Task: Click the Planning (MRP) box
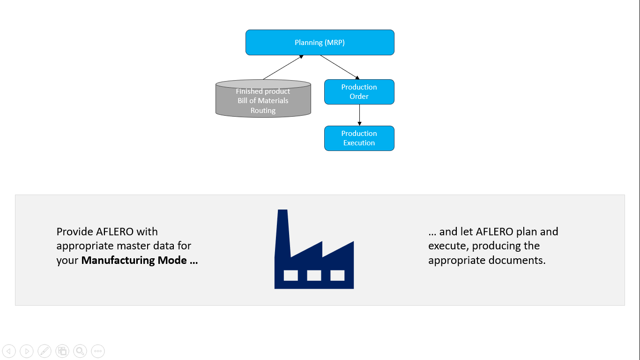[320, 43]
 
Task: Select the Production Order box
[359, 92]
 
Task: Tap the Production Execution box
[359, 138]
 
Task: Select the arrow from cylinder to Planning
[283, 67]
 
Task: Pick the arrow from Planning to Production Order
[340, 67]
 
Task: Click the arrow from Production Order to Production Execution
[359, 115]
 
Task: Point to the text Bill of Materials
[263, 101]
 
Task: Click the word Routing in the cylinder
[263, 111]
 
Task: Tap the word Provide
[74, 232]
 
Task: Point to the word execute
[448, 246]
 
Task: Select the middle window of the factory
[314, 275]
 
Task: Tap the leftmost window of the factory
[290, 275]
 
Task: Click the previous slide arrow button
[9, 351]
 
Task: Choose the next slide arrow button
[27, 351]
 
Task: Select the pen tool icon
[45, 351]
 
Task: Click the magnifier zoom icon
[80, 351]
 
